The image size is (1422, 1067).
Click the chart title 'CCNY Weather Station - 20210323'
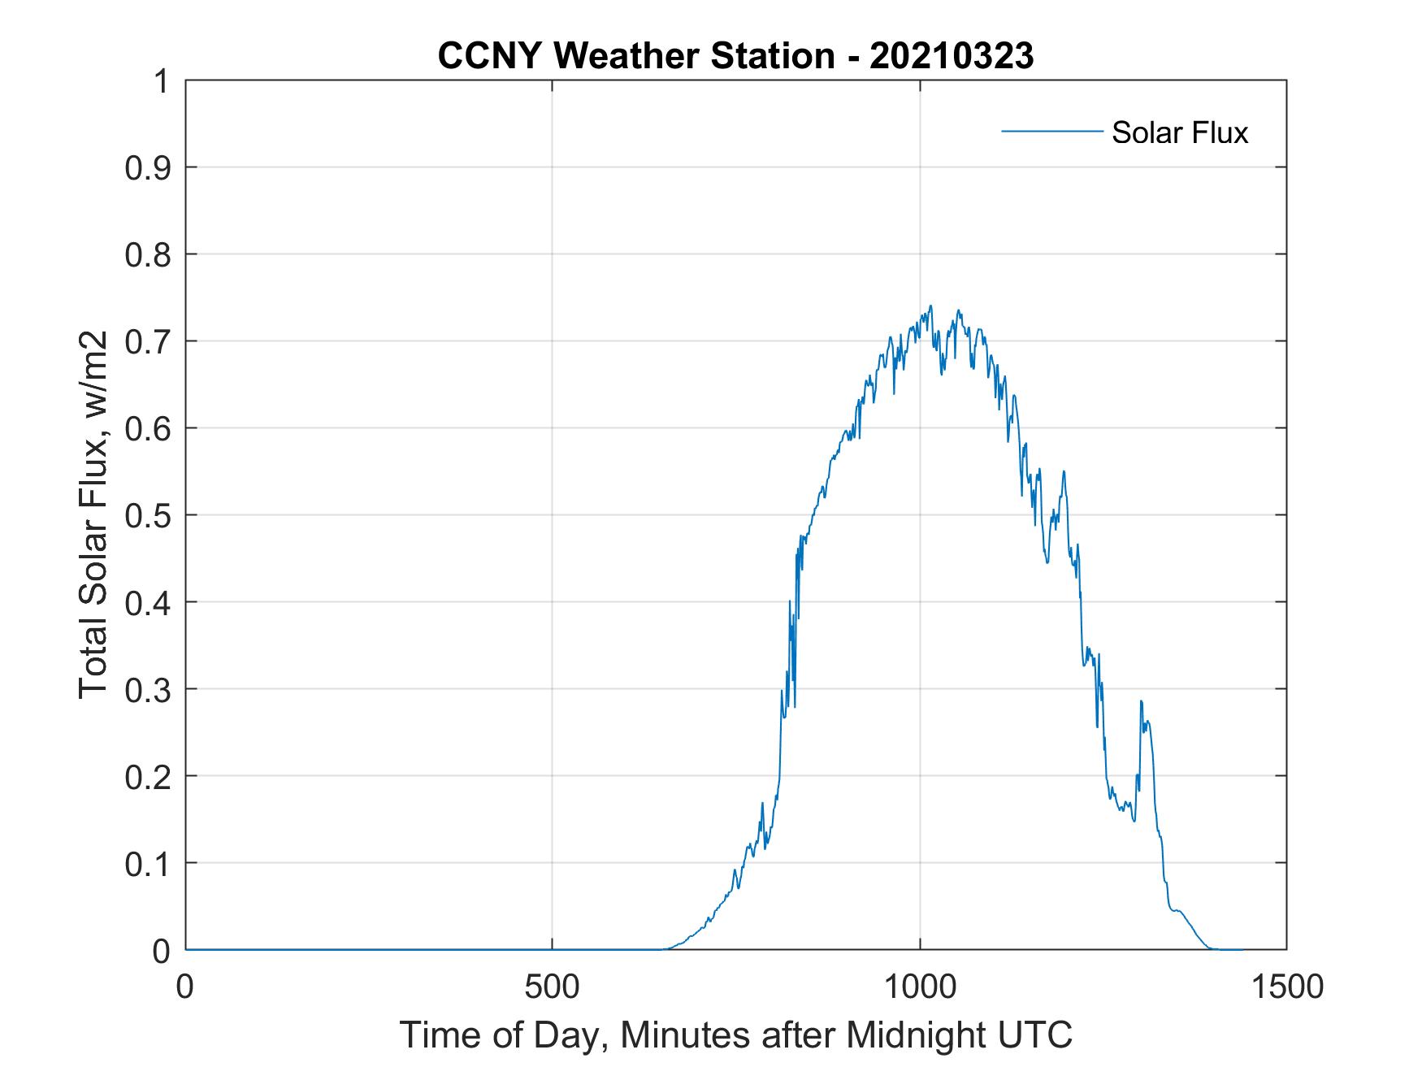[x=735, y=55]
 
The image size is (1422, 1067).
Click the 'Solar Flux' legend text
[x=1179, y=132]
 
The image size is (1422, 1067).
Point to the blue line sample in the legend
[x=1051, y=131]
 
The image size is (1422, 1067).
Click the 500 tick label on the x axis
[x=552, y=987]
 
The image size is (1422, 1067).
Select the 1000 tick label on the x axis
[x=920, y=987]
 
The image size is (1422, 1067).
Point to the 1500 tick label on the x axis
[x=1286, y=987]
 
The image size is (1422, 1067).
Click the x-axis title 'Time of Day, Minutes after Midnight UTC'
[x=735, y=1035]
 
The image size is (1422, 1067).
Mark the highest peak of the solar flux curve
[x=930, y=306]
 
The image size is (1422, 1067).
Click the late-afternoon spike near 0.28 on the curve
[x=1141, y=701]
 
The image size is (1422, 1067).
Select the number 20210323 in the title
[x=952, y=55]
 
